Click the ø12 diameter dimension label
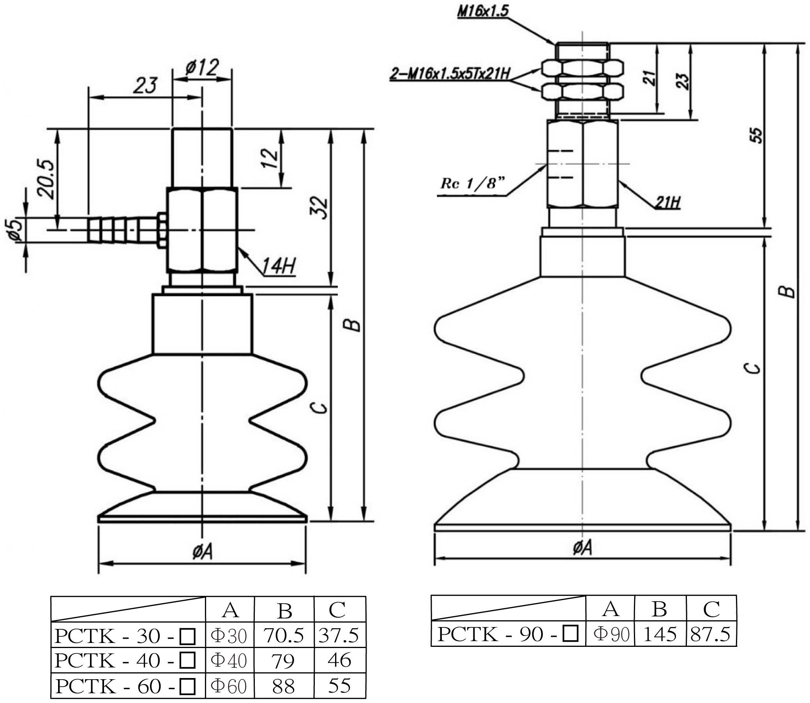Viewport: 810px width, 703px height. click(201, 68)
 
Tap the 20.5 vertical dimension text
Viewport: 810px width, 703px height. click(45, 179)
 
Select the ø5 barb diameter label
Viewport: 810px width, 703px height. click(15, 230)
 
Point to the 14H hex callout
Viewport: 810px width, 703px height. click(278, 266)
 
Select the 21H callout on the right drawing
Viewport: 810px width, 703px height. click(668, 202)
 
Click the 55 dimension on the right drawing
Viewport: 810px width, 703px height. click(757, 135)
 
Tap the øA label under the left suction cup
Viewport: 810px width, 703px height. click(202, 553)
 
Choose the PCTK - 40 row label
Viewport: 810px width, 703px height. click(125, 661)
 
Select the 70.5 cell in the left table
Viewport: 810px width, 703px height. click(284, 636)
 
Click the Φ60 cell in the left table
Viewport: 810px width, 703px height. click(229, 686)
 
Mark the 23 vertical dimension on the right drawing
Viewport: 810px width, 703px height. click(683, 81)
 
